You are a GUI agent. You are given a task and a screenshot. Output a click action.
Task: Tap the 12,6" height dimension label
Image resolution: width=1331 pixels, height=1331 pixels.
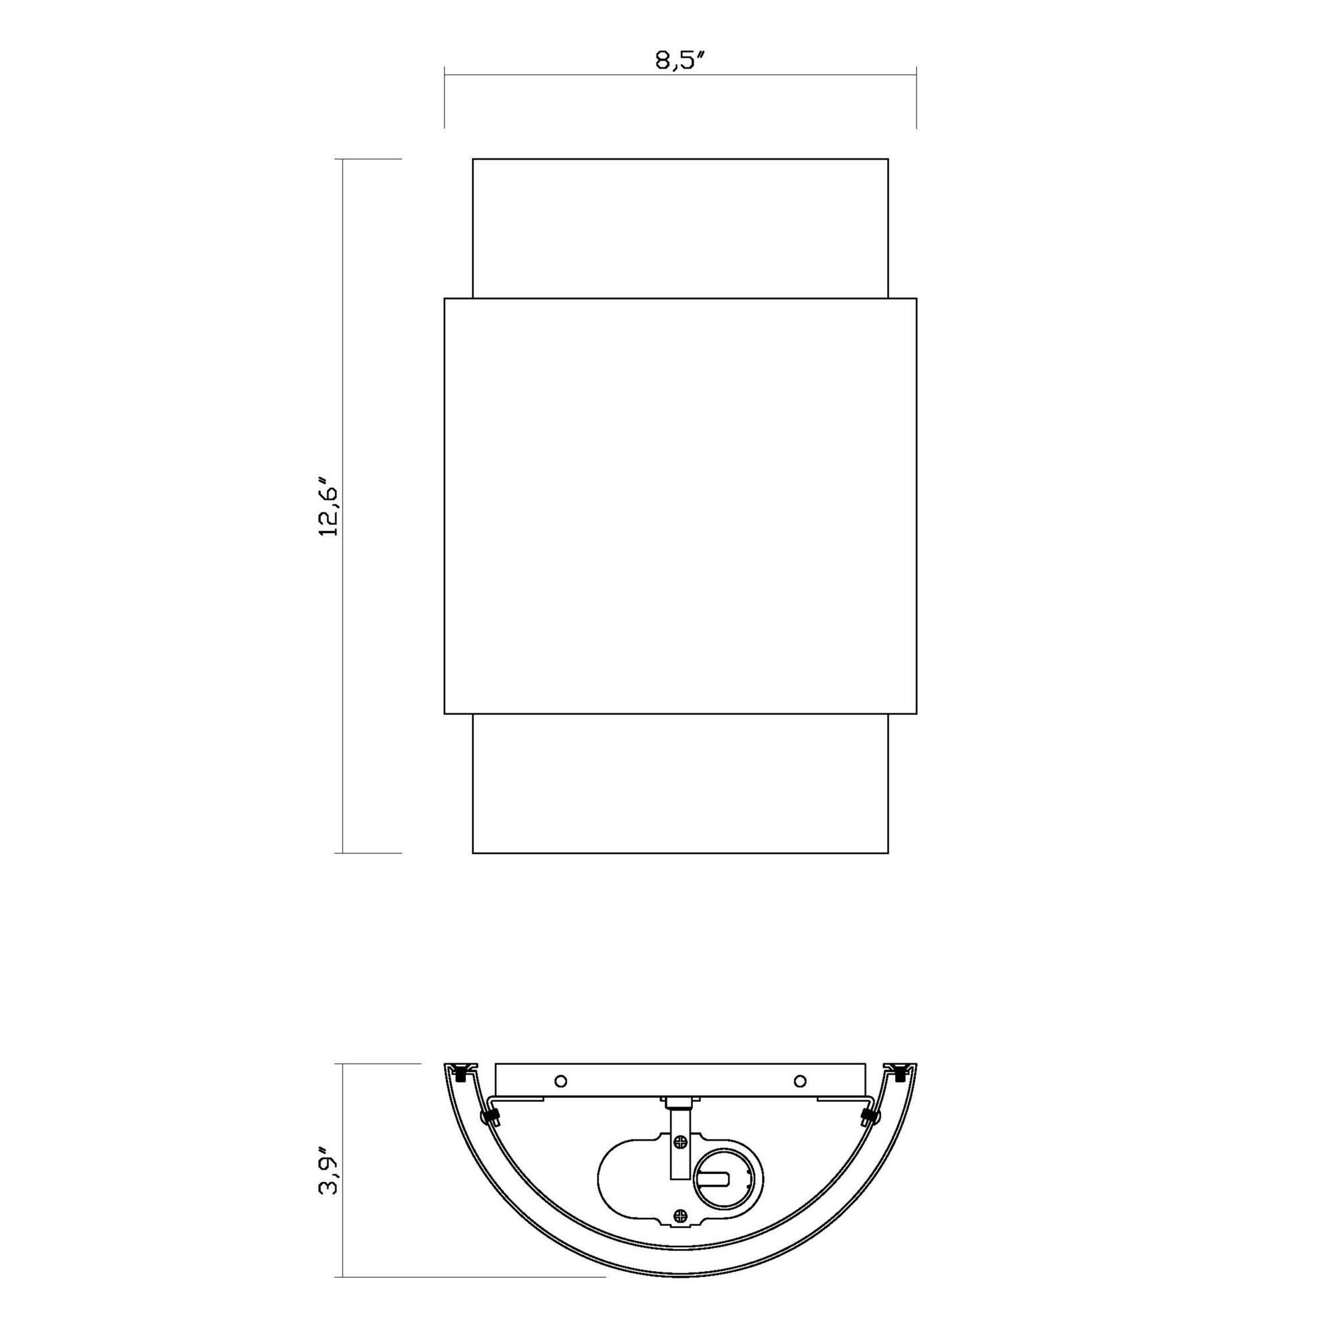pyautogui.click(x=329, y=506)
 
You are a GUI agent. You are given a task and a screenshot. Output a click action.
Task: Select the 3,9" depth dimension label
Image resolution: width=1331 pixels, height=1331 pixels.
pyautogui.click(x=329, y=1171)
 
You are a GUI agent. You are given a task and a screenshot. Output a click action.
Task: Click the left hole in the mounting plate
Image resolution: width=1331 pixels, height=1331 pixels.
pyautogui.click(x=560, y=1080)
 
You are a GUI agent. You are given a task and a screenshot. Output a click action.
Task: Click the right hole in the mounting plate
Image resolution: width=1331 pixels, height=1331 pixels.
pyautogui.click(x=800, y=1080)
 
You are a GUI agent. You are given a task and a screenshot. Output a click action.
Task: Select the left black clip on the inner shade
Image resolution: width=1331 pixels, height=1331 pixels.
pyautogui.click(x=490, y=1117)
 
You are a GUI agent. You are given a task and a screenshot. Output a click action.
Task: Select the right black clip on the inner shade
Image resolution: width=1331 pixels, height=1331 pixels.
pyautogui.click(x=869, y=1117)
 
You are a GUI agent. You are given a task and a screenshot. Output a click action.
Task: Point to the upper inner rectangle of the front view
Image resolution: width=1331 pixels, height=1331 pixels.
pyautogui.click(x=680, y=228)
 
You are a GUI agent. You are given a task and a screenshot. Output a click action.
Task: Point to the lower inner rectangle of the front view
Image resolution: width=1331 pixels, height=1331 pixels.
pyautogui.click(x=680, y=783)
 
